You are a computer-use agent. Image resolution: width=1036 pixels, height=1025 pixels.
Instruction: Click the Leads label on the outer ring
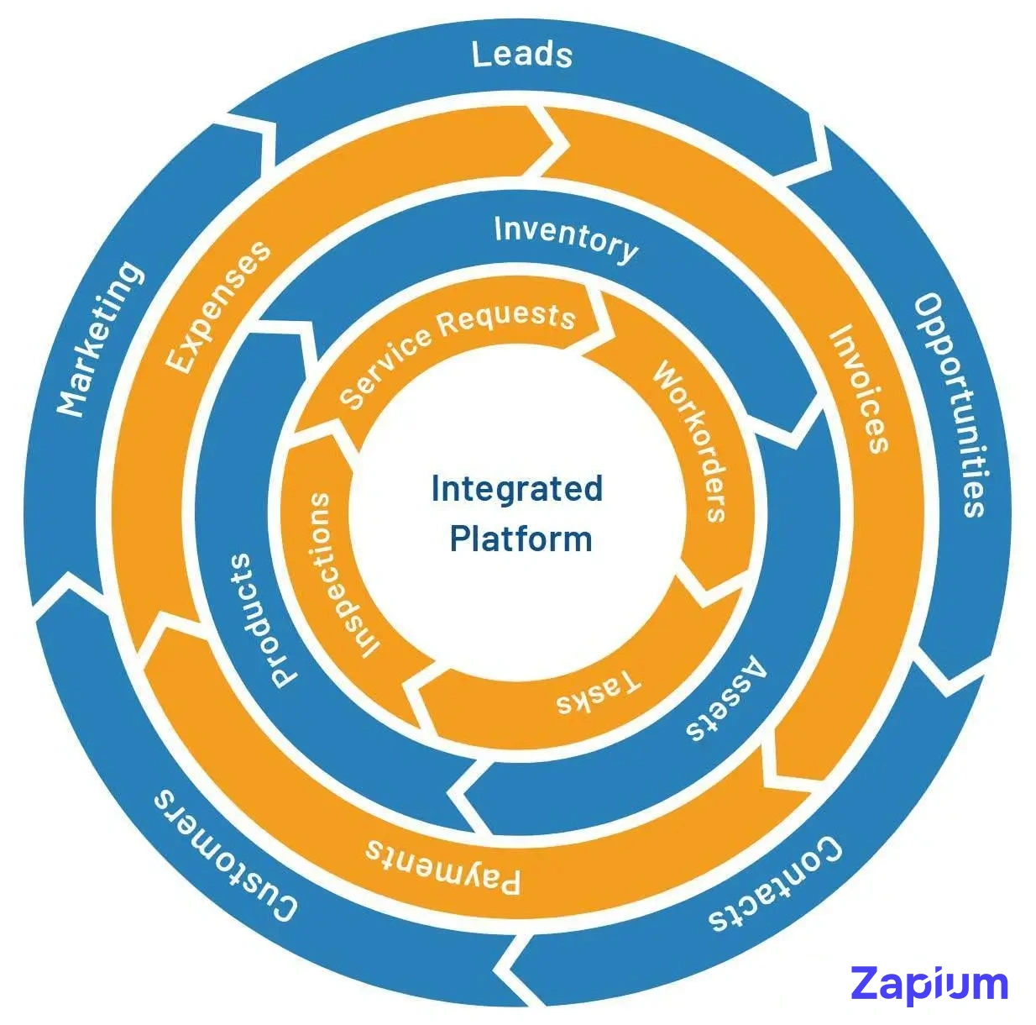click(521, 55)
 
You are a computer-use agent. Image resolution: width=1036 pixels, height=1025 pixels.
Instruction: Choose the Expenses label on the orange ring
click(218, 306)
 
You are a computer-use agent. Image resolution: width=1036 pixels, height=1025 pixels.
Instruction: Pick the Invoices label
click(859, 389)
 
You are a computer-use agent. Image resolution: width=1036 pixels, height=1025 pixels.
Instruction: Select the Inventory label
click(565, 239)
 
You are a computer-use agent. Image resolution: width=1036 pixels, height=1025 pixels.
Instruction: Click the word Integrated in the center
click(516, 488)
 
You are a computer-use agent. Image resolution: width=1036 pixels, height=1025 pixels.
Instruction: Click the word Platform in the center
click(521, 539)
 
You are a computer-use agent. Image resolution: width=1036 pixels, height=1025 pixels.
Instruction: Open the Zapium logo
click(929, 983)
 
